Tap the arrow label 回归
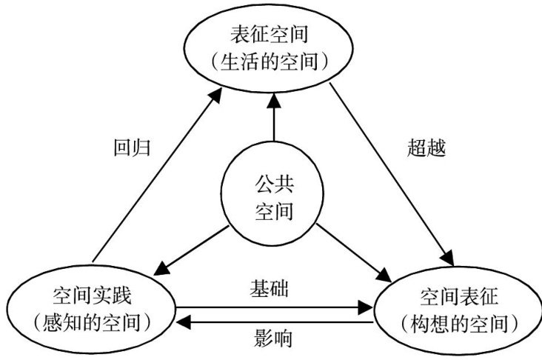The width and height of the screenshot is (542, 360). [x=134, y=145]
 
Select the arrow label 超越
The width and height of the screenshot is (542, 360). [x=426, y=145]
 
